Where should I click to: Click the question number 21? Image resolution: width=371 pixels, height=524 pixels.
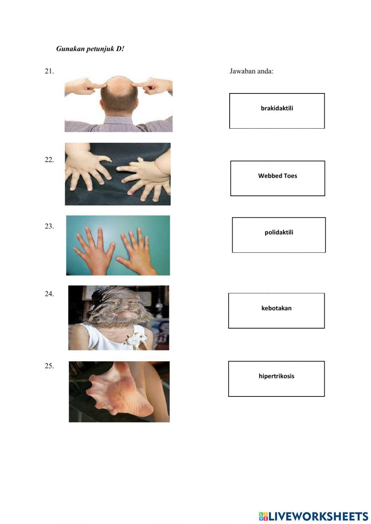click(49, 71)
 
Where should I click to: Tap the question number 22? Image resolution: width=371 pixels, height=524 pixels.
click(49, 160)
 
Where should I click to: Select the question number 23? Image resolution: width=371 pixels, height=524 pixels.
click(49, 226)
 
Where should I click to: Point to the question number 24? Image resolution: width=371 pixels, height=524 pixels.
click(49, 294)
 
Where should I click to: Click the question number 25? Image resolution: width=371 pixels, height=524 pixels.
click(49, 366)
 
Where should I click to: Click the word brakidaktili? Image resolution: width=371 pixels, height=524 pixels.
click(277, 108)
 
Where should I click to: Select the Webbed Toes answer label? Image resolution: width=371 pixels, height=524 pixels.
click(278, 176)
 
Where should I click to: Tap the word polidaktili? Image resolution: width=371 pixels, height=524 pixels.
click(279, 233)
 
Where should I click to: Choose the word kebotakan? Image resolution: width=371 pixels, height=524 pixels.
click(276, 308)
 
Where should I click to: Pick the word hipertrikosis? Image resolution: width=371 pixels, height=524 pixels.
click(276, 376)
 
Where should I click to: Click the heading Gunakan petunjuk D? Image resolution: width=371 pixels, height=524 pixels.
click(90, 49)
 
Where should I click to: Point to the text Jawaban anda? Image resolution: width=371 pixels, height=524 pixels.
click(251, 71)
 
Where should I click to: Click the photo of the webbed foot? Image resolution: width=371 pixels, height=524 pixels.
click(119, 392)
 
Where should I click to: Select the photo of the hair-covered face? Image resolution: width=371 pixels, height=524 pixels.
click(119, 317)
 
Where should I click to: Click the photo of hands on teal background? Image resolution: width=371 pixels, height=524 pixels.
click(118, 245)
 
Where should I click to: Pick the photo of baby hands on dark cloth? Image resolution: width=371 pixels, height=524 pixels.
click(118, 174)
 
